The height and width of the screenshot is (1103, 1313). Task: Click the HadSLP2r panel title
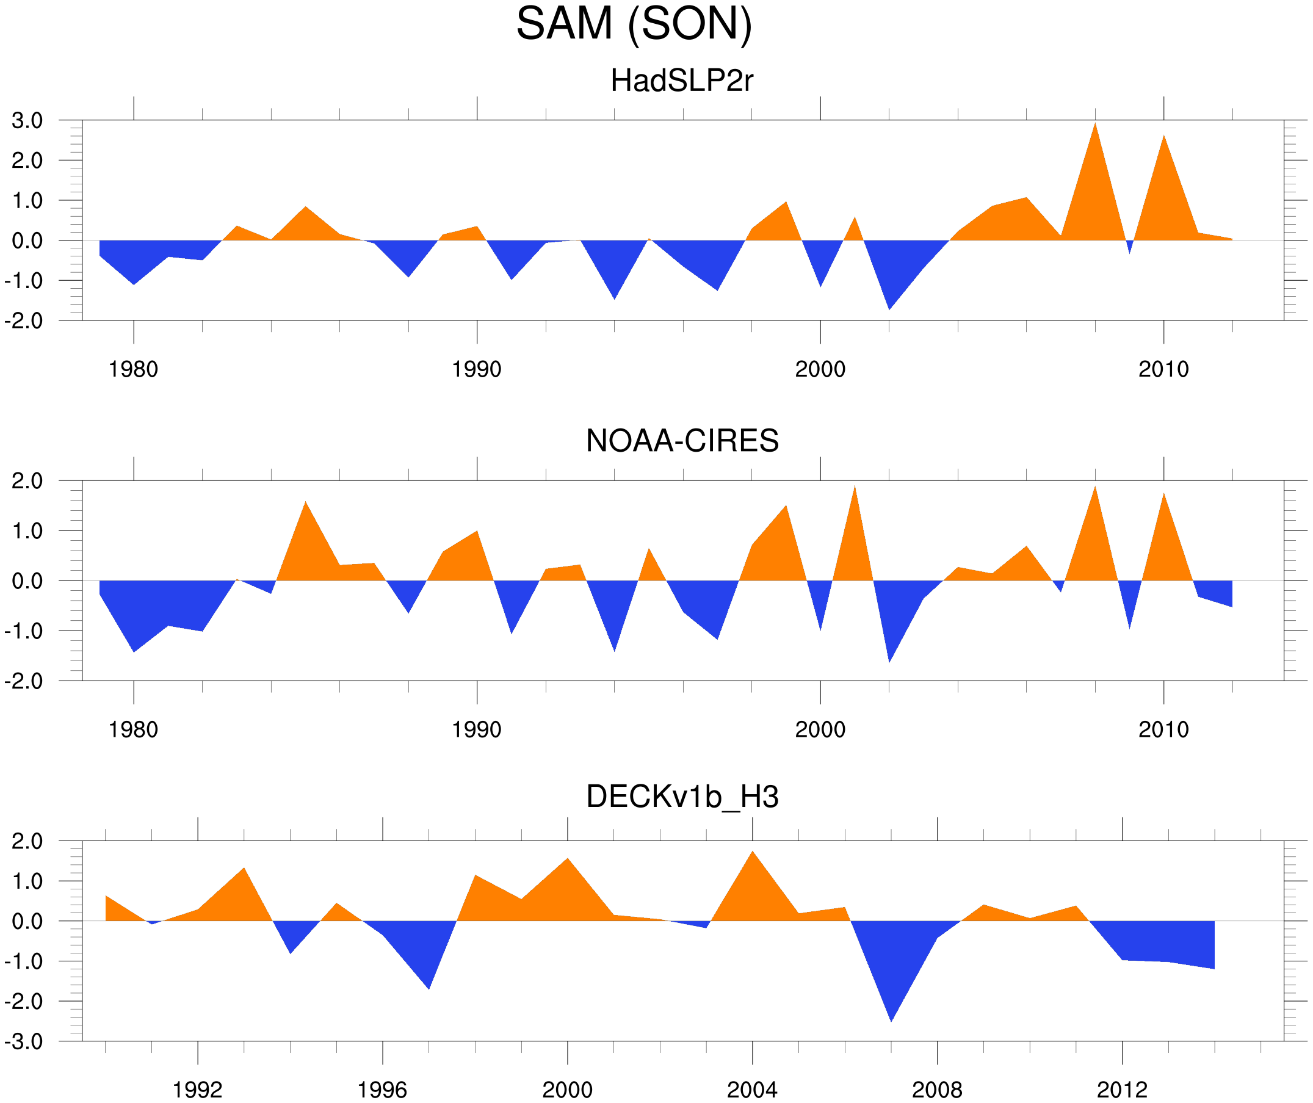coord(682,81)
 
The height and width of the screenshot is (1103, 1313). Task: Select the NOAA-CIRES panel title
coord(682,441)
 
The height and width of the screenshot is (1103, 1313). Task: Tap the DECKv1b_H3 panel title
coord(682,797)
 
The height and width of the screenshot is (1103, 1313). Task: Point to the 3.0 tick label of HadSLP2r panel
coord(27,121)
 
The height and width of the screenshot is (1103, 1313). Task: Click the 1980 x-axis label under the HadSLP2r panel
coord(133,369)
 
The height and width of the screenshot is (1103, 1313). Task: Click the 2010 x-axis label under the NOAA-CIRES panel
coord(1163,729)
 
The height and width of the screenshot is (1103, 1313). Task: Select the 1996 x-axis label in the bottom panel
coord(382,1090)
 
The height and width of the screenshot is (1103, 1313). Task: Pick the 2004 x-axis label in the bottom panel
coord(752,1090)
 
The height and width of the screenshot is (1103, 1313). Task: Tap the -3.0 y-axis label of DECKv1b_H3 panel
coord(24,1042)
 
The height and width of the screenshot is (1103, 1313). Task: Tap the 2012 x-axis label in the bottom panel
coord(1123,1090)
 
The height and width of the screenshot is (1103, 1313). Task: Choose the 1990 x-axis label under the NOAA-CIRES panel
coord(477,729)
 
